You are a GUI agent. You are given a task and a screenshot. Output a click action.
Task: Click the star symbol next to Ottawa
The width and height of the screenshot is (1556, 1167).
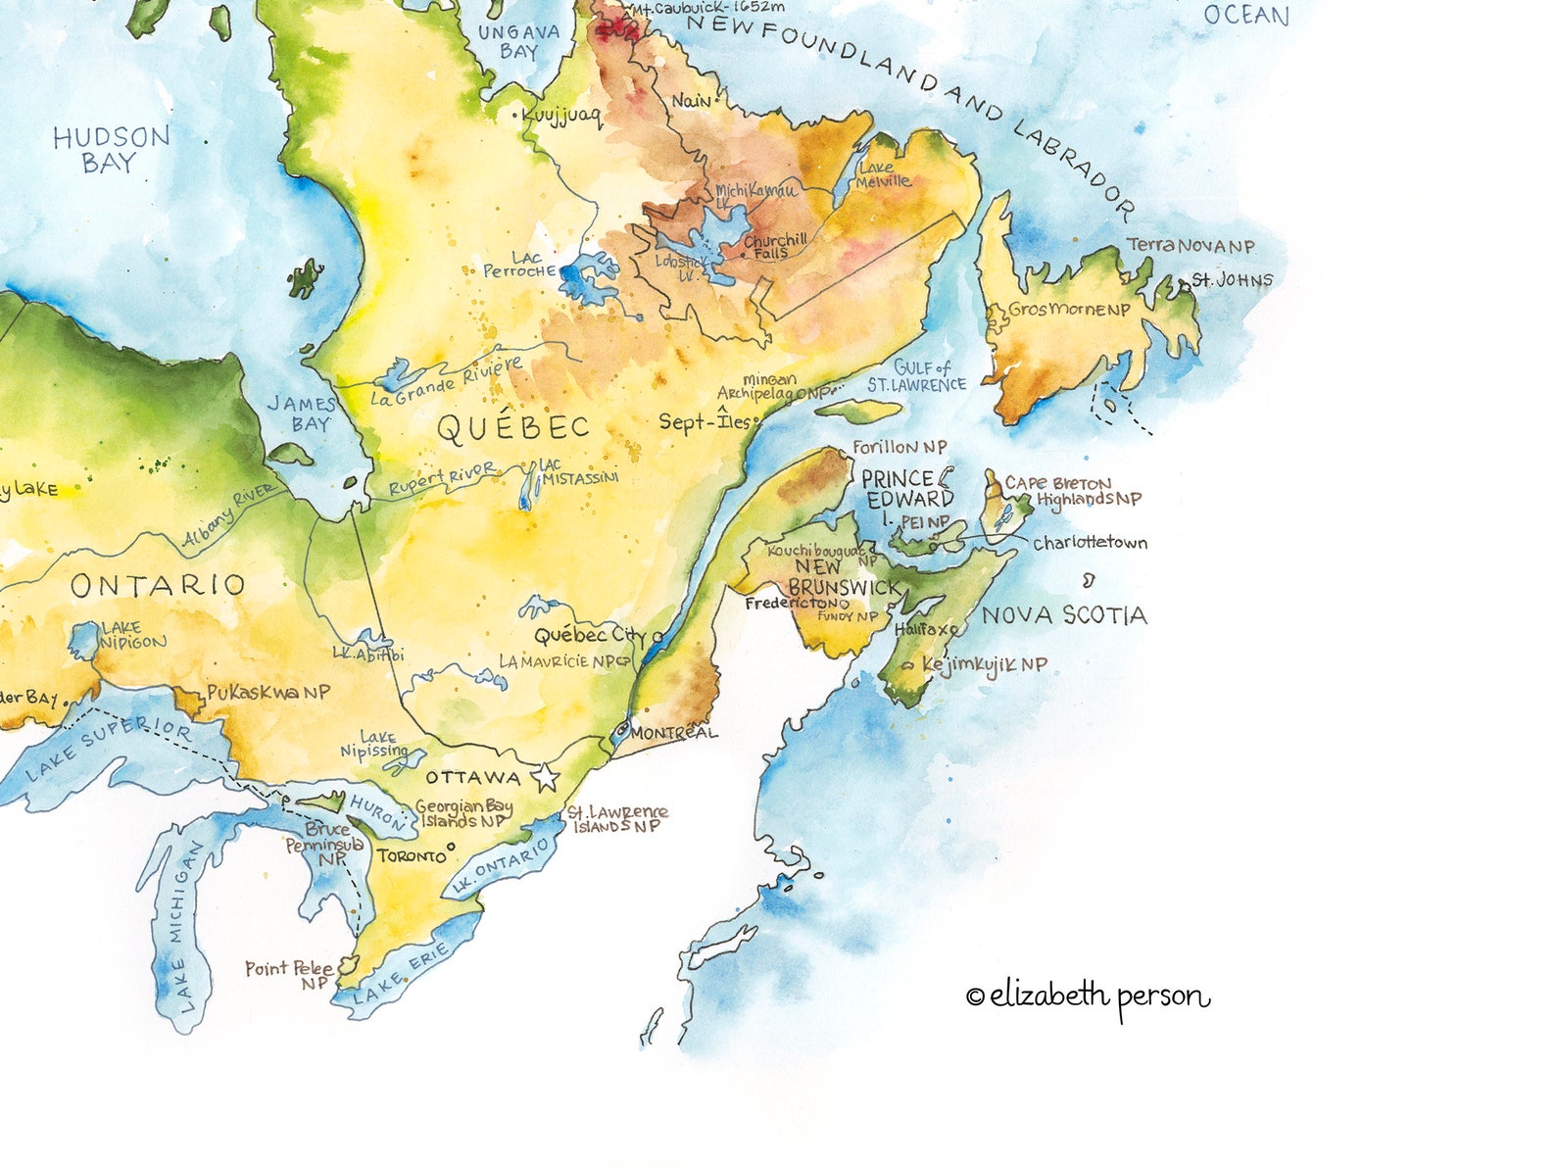[x=545, y=779]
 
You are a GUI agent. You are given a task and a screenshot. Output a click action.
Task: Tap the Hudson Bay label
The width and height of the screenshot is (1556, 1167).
[x=111, y=150]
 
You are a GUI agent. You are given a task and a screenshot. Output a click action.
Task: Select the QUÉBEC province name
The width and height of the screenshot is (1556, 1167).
[x=512, y=427]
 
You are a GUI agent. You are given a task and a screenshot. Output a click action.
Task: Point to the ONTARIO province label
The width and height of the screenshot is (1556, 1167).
[x=157, y=586]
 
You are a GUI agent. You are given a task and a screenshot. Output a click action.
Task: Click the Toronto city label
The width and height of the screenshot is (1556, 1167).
[x=412, y=856]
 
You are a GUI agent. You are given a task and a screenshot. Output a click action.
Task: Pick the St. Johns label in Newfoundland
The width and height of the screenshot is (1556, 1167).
[x=1232, y=280]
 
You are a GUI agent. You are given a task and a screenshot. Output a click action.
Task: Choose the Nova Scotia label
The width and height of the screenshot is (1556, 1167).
[x=1064, y=615]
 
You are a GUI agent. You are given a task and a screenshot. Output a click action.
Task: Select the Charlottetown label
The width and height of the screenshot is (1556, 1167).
[x=1090, y=543]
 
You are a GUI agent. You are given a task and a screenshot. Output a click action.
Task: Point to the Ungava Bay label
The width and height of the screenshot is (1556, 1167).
[x=518, y=41]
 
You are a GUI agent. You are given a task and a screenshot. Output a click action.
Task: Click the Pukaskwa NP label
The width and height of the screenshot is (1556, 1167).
[x=267, y=692]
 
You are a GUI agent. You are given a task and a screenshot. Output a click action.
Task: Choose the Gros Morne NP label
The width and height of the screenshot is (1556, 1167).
[x=1069, y=310]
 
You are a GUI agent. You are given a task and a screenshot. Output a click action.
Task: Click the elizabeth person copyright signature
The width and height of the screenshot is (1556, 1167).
[x=1088, y=997]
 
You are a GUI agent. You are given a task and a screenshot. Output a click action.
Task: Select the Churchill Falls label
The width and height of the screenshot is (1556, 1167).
[x=774, y=246]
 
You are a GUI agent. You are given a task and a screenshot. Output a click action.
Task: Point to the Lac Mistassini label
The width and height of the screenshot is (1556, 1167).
[x=578, y=471]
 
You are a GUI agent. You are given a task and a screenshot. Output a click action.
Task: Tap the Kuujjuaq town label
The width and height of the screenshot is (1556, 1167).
[x=560, y=117]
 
